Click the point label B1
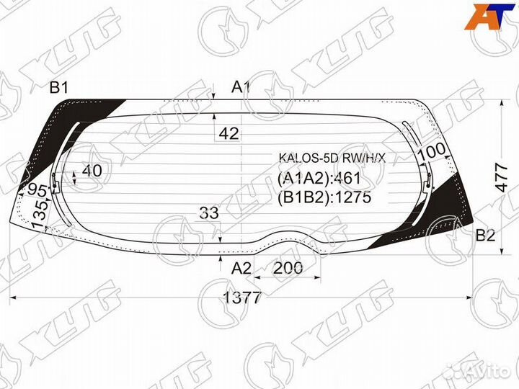pyautogui.click(x=58, y=88)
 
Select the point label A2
pyautogui.click(x=241, y=268)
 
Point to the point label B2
pyautogui.click(x=485, y=235)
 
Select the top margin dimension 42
pyautogui.click(x=229, y=133)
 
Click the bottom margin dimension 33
pyautogui.click(x=209, y=213)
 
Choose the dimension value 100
pyautogui.click(x=430, y=152)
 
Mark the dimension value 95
pyautogui.click(x=37, y=192)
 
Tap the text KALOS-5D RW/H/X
pyautogui.click(x=327, y=158)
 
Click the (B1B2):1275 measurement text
pyautogui.click(x=324, y=197)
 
